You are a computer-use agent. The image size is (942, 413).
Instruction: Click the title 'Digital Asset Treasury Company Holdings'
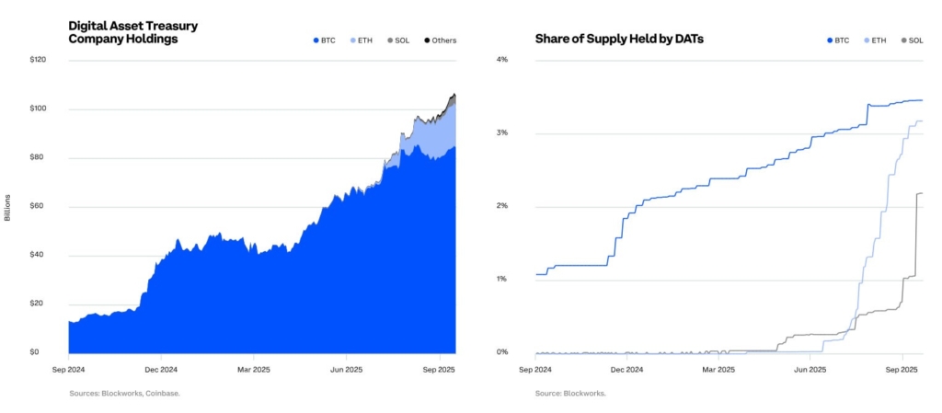134,32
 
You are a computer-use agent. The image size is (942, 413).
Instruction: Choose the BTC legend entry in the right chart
837,40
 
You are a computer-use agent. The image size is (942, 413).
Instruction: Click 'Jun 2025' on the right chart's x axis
810,370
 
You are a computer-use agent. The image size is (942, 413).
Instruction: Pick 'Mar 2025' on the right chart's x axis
718,370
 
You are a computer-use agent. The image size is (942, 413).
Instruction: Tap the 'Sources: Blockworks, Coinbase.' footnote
124,393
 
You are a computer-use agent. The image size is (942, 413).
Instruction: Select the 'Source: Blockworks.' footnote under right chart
570,393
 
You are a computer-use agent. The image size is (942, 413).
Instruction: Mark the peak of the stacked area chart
454,94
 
